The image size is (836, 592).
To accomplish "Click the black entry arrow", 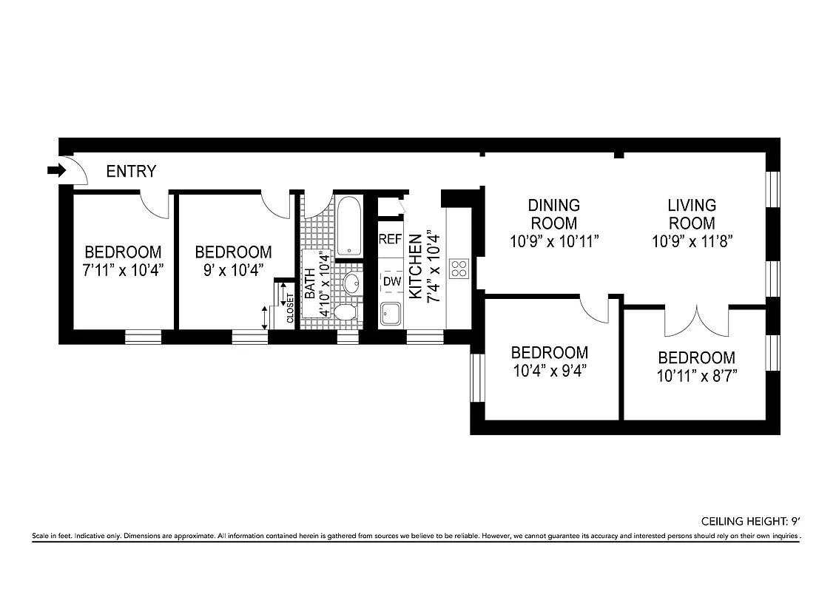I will pos(56,171).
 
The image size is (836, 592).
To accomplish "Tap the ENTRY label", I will pos(131,172).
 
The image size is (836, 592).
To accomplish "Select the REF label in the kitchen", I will pos(390,239).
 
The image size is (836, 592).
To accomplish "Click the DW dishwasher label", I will pos(391,282).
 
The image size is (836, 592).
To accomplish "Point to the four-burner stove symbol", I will pos(459,268).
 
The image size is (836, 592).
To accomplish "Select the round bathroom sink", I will pos(351,283).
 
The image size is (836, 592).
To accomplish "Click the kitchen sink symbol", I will pos(390,315).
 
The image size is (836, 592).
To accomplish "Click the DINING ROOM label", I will pos(553,214).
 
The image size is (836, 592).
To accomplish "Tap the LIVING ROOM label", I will pos(692,214).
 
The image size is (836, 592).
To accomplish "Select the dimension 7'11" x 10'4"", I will pos(123,269).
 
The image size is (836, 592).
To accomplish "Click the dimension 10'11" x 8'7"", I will pos(697,375).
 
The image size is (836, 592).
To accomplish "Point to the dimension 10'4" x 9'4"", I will pos(550,370).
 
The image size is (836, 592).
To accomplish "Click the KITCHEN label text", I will pos(416,266).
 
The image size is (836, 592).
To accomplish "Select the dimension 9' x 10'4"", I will pos(233,269).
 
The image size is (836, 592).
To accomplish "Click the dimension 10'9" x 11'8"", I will pos(692,240).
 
